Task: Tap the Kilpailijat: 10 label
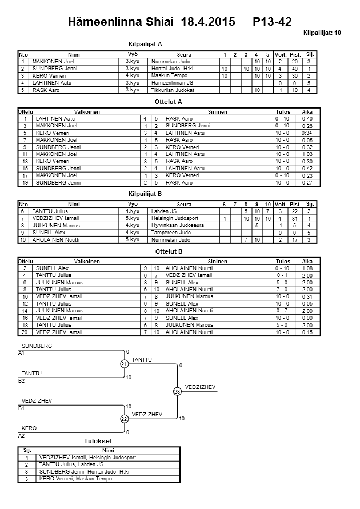click(322, 33)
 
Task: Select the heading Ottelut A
click(169, 102)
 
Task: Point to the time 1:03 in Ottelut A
click(307, 154)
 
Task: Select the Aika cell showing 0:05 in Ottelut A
click(307, 139)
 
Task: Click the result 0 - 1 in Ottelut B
click(283, 275)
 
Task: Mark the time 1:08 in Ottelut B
click(307, 268)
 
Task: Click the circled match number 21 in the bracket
click(124, 364)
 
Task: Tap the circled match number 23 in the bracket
click(177, 391)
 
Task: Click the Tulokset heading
click(98, 441)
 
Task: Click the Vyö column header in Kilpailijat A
click(133, 53)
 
